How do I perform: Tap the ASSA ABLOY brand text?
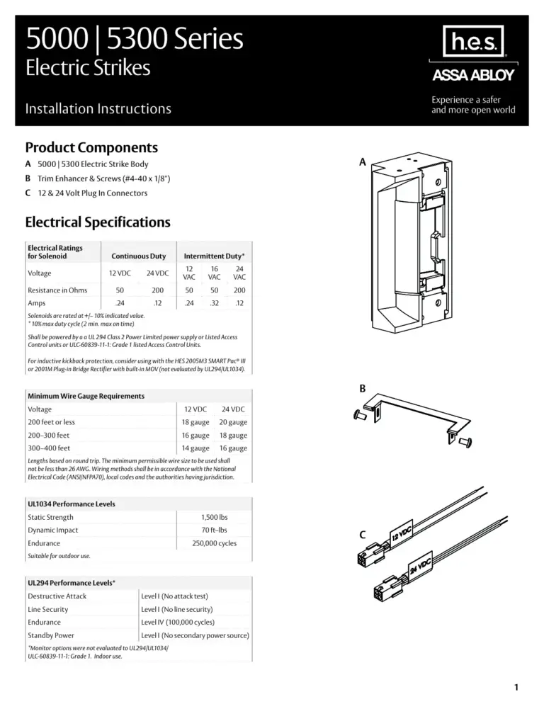(x=473, y=76)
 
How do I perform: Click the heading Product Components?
(x=91, y=148)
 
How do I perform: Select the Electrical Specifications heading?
(x=98, y=222)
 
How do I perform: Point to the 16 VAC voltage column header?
(x=215, y=273)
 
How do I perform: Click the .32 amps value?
(x=215, y=303)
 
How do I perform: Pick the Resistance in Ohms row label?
(x=57, y=290)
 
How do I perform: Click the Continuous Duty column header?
(x=138, y=256)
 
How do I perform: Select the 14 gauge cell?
(x=195, y=448)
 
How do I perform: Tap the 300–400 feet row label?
(x=49, y=448)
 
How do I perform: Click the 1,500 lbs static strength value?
(x=214, y=518)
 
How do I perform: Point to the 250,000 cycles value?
(x=214, y=543)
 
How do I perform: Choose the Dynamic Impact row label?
(x=53, y=530)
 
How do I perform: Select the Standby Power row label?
(x=51, y=635)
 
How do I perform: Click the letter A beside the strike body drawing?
(x=362, y=162)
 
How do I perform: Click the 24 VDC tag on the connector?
(x=421, y=567)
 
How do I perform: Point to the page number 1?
(x=518, y=686)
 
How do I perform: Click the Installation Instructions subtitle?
(x=98, y=109)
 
